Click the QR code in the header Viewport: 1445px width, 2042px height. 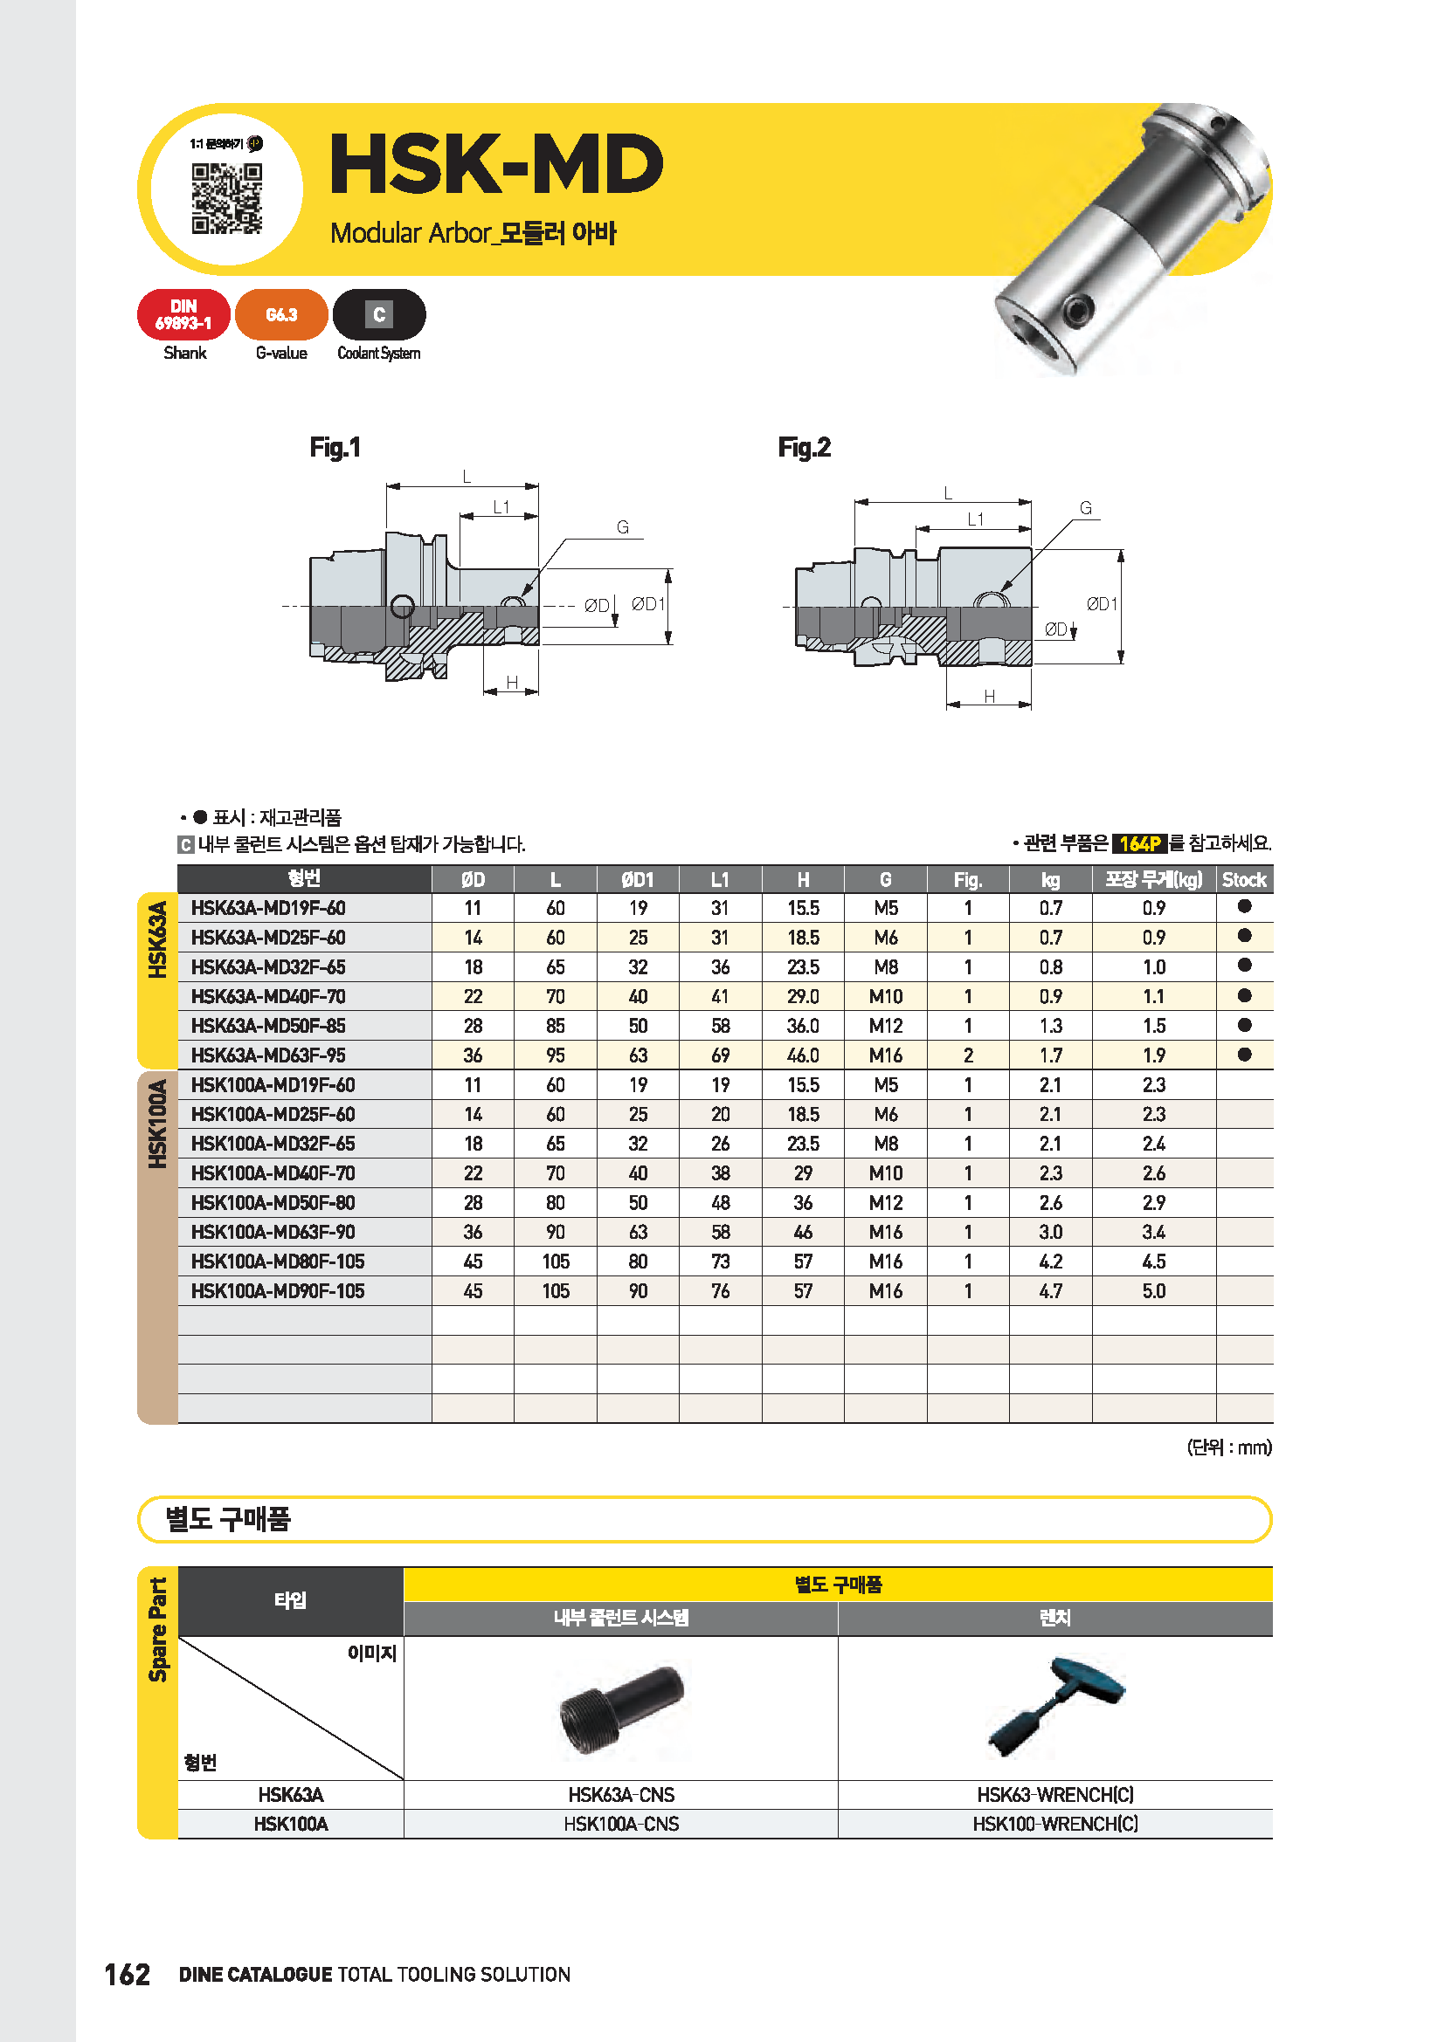pos(227,198)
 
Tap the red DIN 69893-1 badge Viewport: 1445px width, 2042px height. pos(184,315)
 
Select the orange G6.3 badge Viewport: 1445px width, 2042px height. pos(281,315)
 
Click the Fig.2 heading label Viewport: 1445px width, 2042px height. pos(804,447)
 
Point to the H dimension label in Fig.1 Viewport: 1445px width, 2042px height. pos(512,682)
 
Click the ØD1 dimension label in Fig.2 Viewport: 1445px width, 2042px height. pos(1102,604)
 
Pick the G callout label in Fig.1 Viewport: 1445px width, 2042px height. pos(623,527)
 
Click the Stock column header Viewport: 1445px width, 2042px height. pos(1243,880)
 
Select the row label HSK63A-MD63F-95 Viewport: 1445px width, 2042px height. pos(269,1055)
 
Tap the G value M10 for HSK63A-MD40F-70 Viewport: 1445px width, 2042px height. pos(885,997)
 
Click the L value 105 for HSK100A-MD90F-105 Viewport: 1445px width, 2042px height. pos(556,1291)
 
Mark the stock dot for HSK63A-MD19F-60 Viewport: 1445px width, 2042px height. pos(1244,906)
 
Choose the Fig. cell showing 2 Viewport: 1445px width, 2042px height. pos(968,1055)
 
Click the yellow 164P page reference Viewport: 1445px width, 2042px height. pos(1139,843)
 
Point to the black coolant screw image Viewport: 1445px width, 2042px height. pos(621,1708)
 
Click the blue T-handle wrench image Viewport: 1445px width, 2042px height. pos(1055,1706)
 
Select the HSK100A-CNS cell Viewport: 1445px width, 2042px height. pos(621,1824)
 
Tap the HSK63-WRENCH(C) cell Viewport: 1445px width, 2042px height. pos(1055,1795)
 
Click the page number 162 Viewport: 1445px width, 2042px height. pos(128,1975)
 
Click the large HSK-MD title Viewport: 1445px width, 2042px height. pos(496,165)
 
